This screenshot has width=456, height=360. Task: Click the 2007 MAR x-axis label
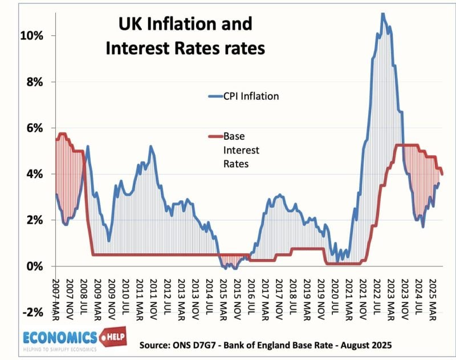(x=57, y=297)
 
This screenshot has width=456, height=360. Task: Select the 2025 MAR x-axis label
(x=432, y=297)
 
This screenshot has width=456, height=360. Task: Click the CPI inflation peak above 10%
(x=382, y=13)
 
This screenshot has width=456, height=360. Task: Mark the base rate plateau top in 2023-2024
(x=408, y=145)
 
